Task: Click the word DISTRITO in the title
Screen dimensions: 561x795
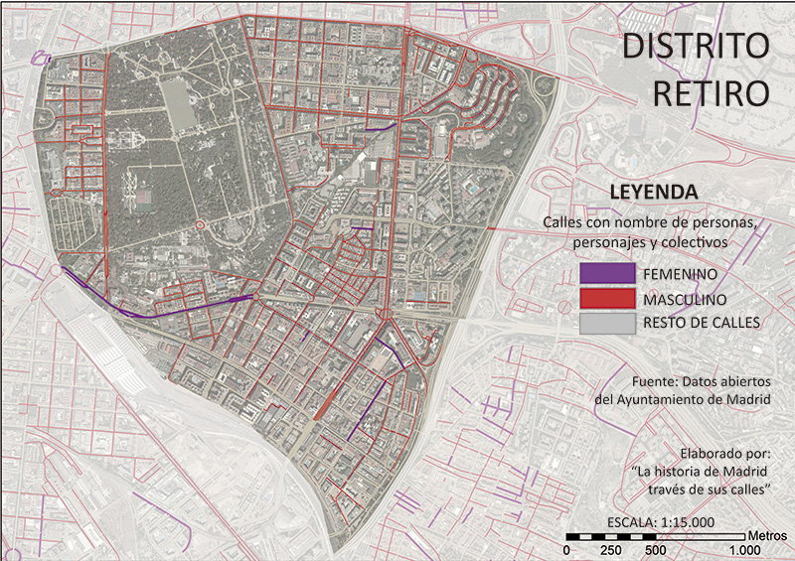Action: (x=696, y=48)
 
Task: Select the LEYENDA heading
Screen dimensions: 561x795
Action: (x=652, y=192)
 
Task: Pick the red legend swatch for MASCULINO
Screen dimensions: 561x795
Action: (x=606, y=299)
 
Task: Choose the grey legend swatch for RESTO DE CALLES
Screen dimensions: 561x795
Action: (x=606, y=323)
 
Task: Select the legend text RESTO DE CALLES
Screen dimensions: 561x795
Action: (x=702, y=323)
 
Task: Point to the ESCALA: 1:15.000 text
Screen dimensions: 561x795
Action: (x=660, y=523)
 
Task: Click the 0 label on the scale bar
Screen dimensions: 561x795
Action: (x=566, y=550)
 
